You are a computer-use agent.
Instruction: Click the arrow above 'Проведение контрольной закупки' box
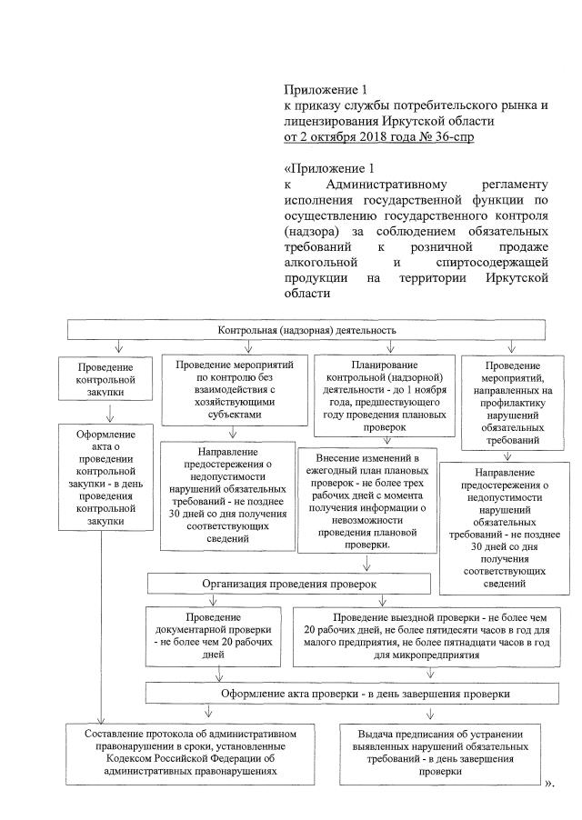[x=118, y=346]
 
